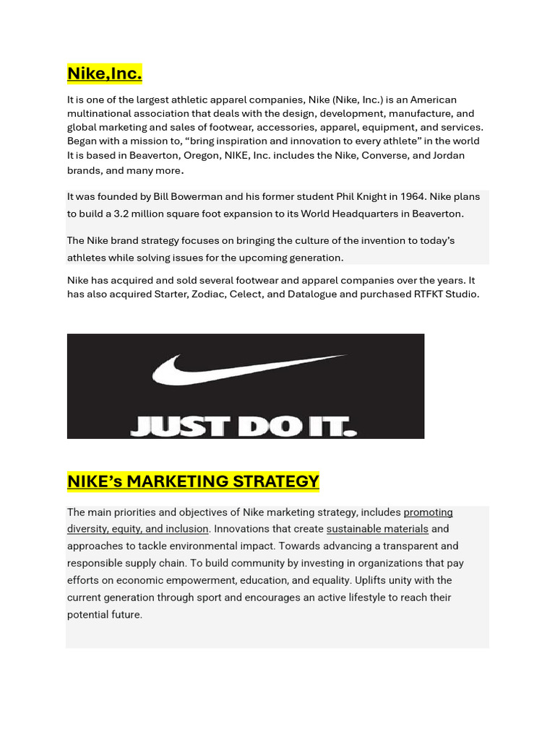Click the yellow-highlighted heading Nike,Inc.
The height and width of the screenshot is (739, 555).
point(104,74)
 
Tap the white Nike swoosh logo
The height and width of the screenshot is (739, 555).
point(246,368)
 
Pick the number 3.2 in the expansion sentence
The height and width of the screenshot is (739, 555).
point(124,214)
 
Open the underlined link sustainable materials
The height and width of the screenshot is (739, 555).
point(377,529)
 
